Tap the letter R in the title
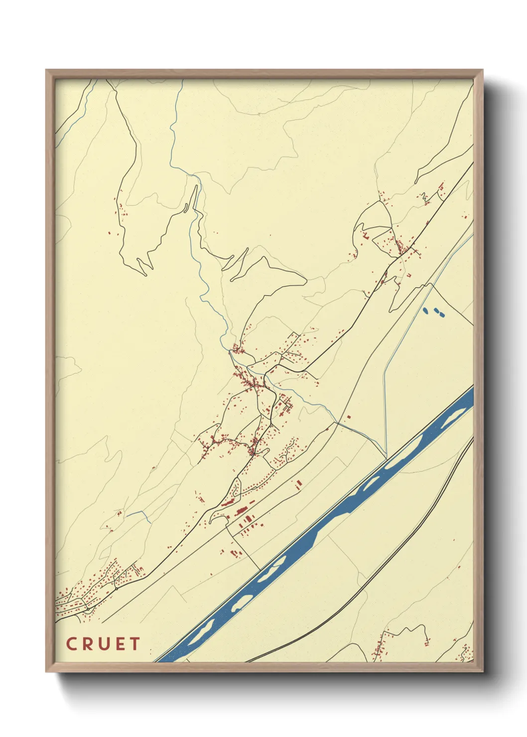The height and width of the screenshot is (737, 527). click(x=87, y=644)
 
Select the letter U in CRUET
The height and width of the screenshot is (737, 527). click(x=104, y=644)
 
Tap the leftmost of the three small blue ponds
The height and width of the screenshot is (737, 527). click(x=425, y=311)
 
